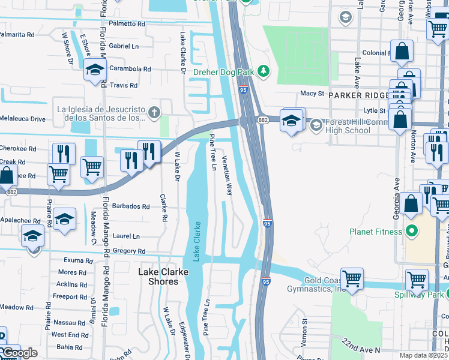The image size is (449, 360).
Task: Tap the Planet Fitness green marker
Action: coord(412,231)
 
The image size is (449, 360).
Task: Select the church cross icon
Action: coord(155,112)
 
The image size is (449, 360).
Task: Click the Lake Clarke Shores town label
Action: coord(158,277)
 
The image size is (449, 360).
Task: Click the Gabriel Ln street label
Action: coord(124,46)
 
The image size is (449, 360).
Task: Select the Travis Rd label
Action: coord(124,85)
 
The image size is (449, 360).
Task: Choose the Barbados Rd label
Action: coord(130,206)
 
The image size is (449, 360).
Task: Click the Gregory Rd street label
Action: coord(129,251)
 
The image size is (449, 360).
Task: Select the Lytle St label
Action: coord(374,110)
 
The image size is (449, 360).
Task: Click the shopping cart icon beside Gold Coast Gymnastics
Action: coord(351,278)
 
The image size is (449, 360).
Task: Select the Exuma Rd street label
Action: coord(80,261)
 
